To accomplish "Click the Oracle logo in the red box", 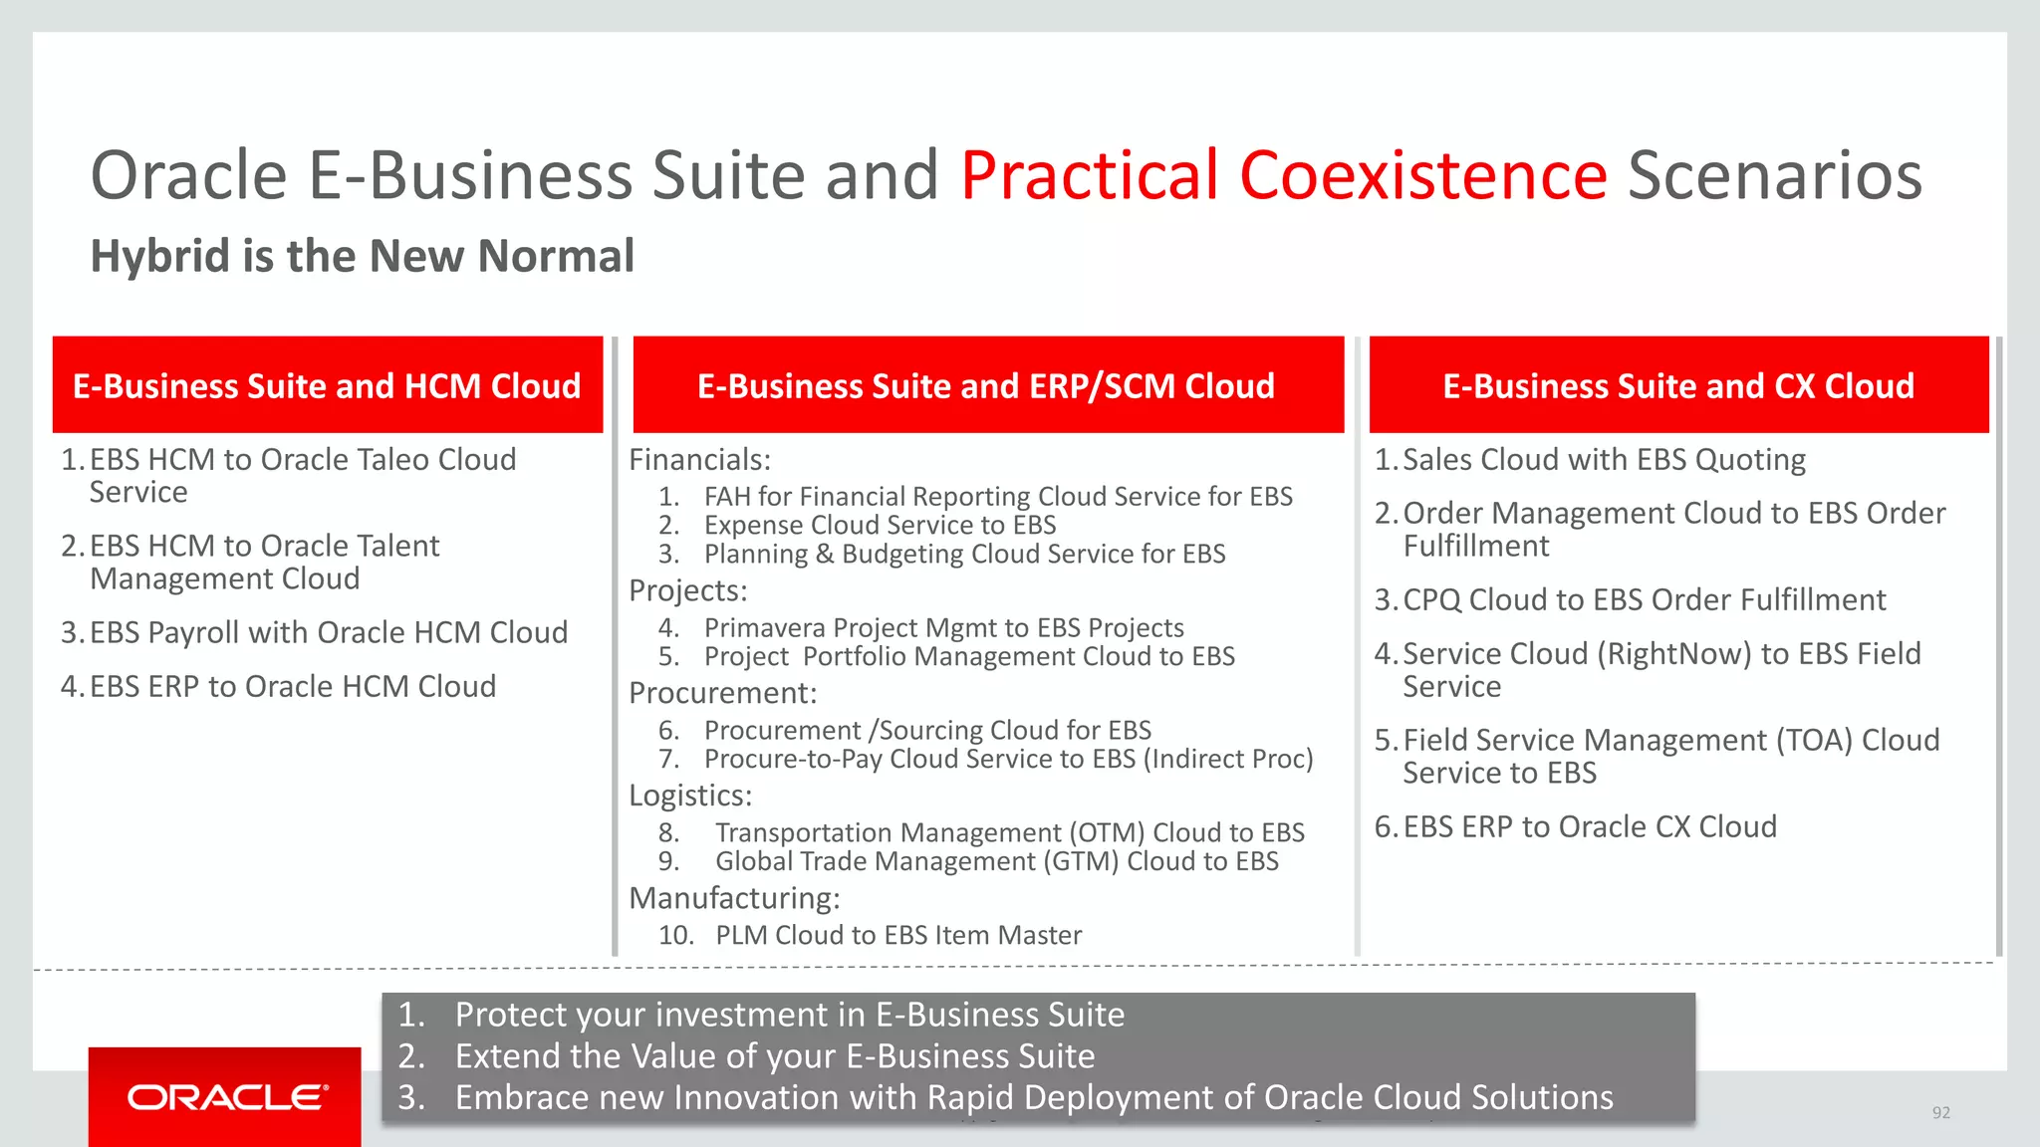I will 226,1097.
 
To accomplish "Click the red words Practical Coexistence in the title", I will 1283,175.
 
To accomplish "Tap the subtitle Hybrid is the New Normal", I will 363,256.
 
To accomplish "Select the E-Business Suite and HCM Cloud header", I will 327,385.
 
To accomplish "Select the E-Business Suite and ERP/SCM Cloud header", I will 986,385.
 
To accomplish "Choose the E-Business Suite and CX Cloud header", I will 1678,385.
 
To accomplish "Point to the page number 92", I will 1940,1112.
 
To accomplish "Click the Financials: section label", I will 699,460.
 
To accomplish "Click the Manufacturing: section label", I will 734,898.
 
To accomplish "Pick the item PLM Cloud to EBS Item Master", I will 897,935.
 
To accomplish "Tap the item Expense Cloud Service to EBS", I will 880,525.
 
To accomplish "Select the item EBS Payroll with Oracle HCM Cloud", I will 328,632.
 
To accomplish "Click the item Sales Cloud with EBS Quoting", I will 1603,460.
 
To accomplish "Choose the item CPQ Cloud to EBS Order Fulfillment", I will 1644,599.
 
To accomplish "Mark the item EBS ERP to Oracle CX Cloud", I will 1589,826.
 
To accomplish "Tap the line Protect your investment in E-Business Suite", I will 789,1015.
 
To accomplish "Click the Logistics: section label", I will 690,796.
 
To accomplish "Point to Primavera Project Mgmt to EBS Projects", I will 943,627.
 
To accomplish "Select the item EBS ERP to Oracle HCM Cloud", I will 292,686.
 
